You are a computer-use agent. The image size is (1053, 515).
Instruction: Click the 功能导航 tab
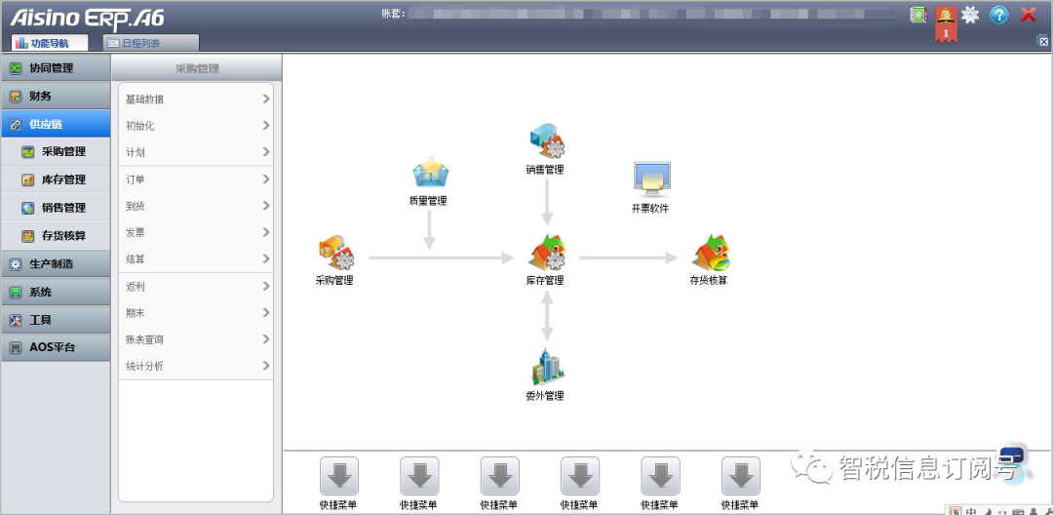pyautogui.click(x=49, y=43)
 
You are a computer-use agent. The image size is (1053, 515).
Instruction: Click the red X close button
pyautogui.click(x=1028, y=15)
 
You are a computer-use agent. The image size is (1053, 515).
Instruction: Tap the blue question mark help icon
pyautogui.click(x=999, y=15)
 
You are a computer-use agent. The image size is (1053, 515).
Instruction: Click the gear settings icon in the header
pyautogui.click(x=970, y=15)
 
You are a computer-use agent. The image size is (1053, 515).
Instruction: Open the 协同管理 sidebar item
pyautogui.click(x=56, y=68)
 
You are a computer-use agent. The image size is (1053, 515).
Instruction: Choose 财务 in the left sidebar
pyautogui.click(x=56, y=97)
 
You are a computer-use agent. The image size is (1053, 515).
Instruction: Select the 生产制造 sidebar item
pyautogui.click(x=56, y=264)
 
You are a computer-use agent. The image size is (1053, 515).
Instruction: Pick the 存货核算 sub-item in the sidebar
pyautogui.click(x=63, y=236)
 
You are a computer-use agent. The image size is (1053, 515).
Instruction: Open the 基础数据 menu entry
pyautogui.click(x=195, y=99)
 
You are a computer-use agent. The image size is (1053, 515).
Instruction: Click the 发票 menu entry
pyautogui.click(x=195, y=233)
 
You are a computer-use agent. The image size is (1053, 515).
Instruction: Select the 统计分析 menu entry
pyautogui.click(x=195, y=366)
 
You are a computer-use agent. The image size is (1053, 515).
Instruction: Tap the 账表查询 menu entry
pyautogui.click(x=195, y=339)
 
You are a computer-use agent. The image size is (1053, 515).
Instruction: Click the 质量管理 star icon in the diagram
pyautogui.click(x=430, y=173)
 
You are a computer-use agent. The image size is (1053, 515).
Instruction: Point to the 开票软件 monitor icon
pyautogui.click(x=650, y=178)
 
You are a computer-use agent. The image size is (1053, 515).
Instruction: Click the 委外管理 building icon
pyautogui.click(x=547, y=367)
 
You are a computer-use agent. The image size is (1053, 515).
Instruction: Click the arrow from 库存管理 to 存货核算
pyautogui.click(x=628, y=258)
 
